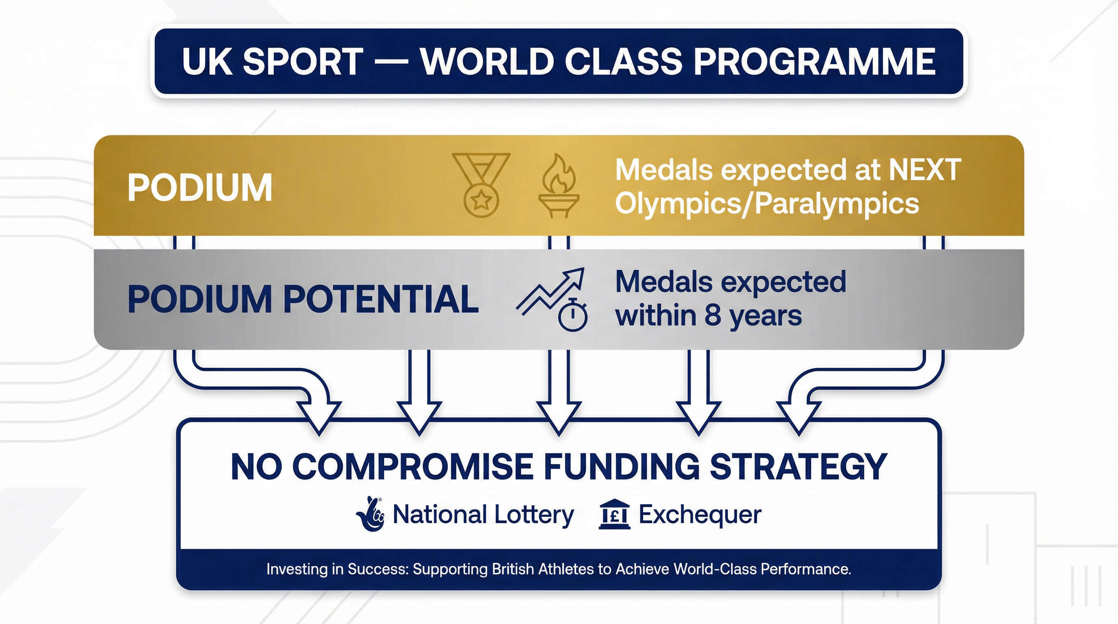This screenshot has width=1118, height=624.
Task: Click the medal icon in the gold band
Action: (x=481, y=185)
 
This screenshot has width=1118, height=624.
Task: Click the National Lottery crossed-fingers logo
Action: (x=370, y=514)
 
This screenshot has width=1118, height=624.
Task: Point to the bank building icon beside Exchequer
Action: (x=614, y=515)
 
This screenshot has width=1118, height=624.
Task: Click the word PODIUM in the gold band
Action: (x=199, y=187)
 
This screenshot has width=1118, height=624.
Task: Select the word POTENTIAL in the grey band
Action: (x=381, y=299)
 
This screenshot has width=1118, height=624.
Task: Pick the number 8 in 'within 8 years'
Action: (x=712, y=316)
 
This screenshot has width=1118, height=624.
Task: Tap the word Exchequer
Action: (x=700, y=515)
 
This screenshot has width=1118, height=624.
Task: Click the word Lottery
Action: (x=534, y=515)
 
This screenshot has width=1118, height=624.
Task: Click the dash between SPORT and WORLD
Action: (x=390, y=62)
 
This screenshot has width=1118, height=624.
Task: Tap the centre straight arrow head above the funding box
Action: (x=559, y=416)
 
